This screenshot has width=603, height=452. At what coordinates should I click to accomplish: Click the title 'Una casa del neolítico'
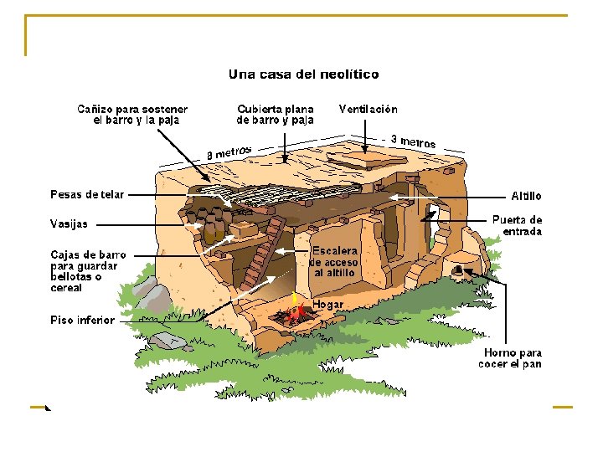303,74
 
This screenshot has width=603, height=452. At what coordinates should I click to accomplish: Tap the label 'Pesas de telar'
87,195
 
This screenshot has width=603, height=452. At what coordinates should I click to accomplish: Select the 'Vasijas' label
69,223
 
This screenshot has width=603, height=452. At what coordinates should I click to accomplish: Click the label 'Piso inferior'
82,320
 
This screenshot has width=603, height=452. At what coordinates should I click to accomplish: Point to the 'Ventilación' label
368,109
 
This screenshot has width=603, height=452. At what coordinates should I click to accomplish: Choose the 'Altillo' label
526,196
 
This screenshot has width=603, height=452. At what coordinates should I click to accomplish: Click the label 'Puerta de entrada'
517,225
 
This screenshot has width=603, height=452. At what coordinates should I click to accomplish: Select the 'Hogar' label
328,304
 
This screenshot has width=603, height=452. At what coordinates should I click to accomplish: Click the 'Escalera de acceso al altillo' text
335,262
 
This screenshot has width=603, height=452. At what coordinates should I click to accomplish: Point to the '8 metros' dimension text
229,153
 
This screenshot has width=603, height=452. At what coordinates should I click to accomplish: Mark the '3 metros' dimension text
414,141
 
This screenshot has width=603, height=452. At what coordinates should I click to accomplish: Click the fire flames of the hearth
295,312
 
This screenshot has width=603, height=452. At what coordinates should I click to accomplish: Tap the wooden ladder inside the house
262,254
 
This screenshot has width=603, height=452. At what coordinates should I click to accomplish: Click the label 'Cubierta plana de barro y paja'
276,115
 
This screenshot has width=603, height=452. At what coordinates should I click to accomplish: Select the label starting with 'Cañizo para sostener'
132,115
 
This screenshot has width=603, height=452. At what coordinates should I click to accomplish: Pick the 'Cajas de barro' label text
89,271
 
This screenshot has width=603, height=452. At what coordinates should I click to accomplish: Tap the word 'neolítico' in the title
348,74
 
